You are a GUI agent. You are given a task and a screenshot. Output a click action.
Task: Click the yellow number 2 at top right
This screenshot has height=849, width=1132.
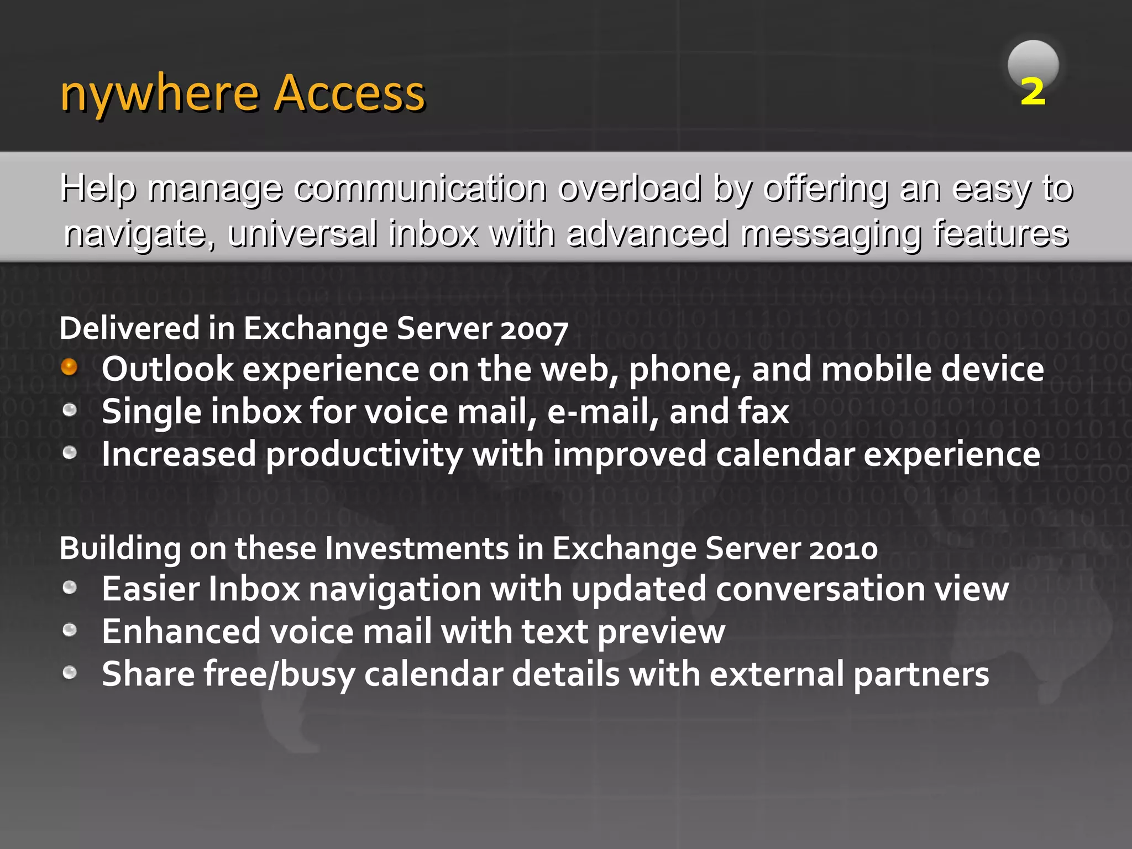(x=1033, y=91)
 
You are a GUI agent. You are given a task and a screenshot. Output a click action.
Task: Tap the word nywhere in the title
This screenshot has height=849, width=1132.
(x=160, y=94)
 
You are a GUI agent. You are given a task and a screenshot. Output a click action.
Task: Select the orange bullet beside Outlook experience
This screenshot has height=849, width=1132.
(x=69, y=366)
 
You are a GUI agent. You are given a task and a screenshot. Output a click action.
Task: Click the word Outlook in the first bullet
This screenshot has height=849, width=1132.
(x=167, y=369)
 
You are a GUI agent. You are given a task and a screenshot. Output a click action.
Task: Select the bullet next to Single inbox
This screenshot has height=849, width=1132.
(x=69, y=410)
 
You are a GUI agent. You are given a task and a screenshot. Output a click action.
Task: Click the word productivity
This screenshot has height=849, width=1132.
(x=364, y=455)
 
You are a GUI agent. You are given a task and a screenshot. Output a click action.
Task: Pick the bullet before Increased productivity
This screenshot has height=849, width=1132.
(x=69, y=453)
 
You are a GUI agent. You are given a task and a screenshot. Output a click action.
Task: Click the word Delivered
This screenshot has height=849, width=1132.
(x=129, y=328)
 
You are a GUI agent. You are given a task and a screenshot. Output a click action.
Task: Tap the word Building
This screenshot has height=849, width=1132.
(x=120, y=549)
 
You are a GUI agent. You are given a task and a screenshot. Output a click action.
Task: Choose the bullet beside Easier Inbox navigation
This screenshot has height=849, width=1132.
(x=69, y=587)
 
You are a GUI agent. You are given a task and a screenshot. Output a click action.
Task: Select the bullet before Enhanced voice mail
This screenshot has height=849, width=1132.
(x=69, y=630)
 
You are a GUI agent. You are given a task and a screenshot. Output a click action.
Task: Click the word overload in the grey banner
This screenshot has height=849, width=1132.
(x=630, y=188)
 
